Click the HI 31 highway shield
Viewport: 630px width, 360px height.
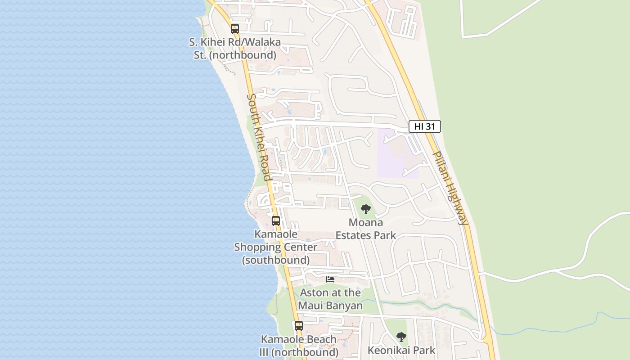pos(424,126)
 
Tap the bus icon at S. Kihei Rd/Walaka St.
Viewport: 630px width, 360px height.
pos(234,29)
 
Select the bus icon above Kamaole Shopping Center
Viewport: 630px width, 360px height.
pos(276,221)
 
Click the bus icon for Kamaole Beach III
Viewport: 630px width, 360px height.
pos(299,326)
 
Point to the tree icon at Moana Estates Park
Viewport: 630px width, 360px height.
pos(366,209)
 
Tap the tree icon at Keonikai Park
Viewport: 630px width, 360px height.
pos(401,337)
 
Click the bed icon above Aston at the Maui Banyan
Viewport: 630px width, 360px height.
pos(330,279)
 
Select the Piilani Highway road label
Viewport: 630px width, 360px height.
pos(450,188)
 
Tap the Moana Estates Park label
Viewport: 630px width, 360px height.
pos(366,229)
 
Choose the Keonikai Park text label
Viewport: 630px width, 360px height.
pos(401,350)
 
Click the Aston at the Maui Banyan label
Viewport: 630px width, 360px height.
pos(330,299)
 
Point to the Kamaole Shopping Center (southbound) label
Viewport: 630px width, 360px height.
pos(276,247)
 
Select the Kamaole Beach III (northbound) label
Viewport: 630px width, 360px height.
pos(299,346)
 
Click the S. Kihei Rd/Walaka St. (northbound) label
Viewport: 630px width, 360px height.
pos(234,49)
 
